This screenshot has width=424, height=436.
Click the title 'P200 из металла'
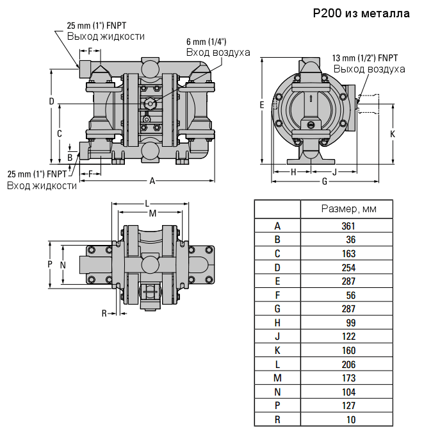click(x=361, y=13)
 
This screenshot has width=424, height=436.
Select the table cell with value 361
click(x=348, y=226)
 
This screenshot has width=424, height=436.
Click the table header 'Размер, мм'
click(x=348, y=209)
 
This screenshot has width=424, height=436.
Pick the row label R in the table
click(x=277, y=420)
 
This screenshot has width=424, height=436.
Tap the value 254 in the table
click(x=348, y=267)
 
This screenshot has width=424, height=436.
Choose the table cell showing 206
click(x=348, y=364)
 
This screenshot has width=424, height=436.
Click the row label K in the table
click(x=277, y=351)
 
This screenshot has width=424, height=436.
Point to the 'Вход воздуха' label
click(x=218, y=52)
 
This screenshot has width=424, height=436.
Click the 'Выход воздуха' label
click(x=369, y=69)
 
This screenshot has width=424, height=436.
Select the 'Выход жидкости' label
click(x=106, y=37)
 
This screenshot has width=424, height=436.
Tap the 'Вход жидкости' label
click(x=42, y=185)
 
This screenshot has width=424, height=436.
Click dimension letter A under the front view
click(x=152, y=181)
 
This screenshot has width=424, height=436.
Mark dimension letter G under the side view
click(x=325, y=181)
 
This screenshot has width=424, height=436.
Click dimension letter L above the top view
click(x=147, y=203)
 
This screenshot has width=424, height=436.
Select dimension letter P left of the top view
click(x=50, y=264)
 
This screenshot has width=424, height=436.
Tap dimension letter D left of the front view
click(x=51, y=101)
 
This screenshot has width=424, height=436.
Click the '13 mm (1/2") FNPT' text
click(x=365, y=58)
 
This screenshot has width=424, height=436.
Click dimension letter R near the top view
click(x=104, y=313)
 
